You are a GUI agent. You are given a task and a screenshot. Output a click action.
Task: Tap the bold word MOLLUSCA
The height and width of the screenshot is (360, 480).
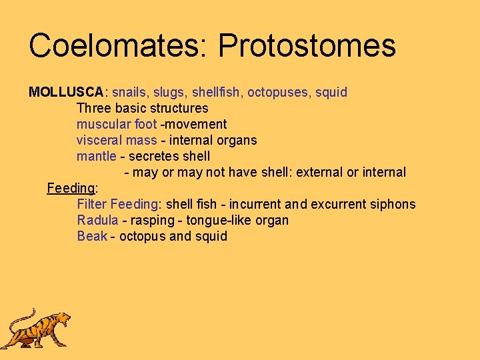tap(66, 92)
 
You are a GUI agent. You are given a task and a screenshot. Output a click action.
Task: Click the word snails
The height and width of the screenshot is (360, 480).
tap(130, 92)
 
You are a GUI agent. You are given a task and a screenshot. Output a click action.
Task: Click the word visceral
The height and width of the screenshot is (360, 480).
tap(99, 140)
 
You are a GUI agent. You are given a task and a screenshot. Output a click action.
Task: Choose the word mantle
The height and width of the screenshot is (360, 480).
tap(96, 156)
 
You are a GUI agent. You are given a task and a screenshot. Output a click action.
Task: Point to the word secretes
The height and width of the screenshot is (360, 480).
tap(151, 156)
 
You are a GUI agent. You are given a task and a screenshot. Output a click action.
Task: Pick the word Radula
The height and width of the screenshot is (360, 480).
tap(97, 220)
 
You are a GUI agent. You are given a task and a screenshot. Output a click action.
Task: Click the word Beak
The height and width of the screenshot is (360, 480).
tap(91, 236)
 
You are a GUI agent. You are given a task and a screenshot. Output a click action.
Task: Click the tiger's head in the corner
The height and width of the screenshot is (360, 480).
tap(61, 320)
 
